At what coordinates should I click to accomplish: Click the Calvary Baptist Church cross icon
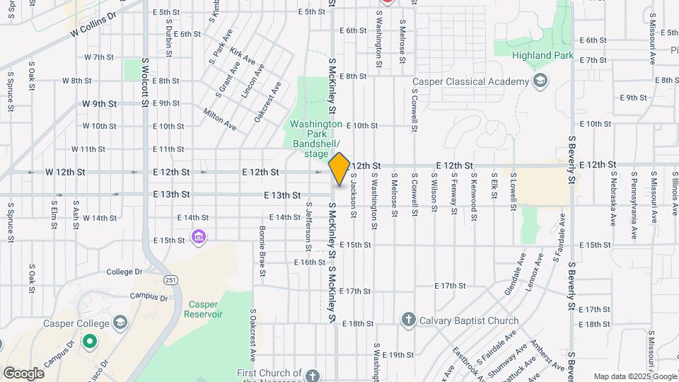coord(408,320)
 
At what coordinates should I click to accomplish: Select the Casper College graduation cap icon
coord(120,323)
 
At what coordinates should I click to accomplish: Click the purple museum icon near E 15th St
coord(199,236)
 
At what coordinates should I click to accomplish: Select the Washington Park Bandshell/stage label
coord(316,139)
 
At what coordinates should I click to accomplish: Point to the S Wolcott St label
coord(144,83)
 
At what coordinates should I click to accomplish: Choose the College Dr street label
coord(124,272)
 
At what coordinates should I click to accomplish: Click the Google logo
coord(23,373)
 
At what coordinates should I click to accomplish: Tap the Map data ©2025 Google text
coord(634,376)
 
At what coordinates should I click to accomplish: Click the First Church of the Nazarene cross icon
coord(314,374)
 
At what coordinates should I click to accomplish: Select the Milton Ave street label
coord(220,119)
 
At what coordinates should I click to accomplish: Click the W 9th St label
coord(99,103)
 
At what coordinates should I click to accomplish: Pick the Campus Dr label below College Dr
coord(149,298)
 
